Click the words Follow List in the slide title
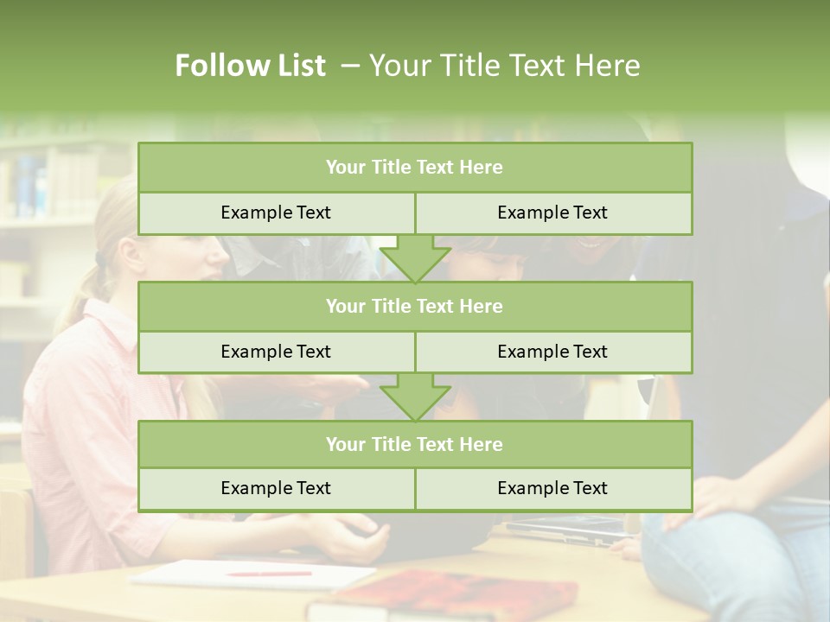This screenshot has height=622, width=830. click(250, 66)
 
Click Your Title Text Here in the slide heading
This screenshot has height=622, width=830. click(504, 66)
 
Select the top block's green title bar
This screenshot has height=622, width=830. click(415, 168)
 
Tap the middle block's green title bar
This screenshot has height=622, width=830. click(415, 306)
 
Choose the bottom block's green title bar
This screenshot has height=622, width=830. click(415, 444)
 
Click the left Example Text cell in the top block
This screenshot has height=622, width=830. click(276, 213)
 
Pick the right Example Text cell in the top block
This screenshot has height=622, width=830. click(553, 213)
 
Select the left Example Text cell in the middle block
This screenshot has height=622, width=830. click(276, 352)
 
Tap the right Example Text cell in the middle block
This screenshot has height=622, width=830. click(553, 352)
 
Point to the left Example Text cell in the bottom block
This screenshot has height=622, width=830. click(276, 488)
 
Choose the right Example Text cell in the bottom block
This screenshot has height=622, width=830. click(553, 488)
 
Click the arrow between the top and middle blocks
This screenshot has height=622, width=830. click(415, 259)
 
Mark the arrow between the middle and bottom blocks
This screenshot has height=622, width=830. click(415, 397)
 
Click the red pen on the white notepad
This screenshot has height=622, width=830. click(268, 573)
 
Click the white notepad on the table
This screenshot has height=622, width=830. click(251, 574)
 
